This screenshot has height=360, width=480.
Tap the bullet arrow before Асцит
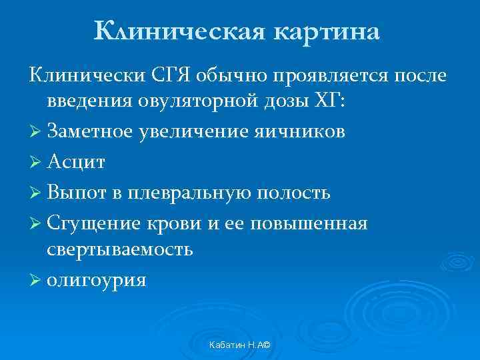pyautogui.click(x=36, y=162)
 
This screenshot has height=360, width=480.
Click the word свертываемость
pyautogui.click(x=120, y=249)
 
